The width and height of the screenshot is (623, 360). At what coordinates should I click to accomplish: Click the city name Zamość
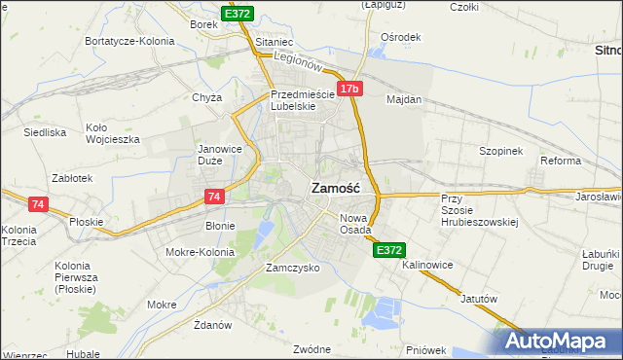[336, 190]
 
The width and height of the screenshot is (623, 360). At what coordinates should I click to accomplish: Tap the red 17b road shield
[350, 90]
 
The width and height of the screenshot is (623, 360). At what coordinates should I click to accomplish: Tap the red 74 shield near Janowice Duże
[216, 197]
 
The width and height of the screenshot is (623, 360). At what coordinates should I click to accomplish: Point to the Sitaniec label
[274, 43]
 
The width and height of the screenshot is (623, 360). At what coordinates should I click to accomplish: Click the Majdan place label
[404, 99]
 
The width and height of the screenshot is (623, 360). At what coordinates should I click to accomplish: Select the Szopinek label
[501, 151]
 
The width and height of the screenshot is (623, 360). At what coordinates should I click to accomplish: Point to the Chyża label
[207, 97]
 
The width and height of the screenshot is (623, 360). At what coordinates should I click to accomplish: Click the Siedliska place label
[45, 131]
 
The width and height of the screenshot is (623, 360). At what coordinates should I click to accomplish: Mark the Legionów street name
[298, 60]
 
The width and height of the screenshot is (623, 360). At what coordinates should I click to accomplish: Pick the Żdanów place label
[212, 324]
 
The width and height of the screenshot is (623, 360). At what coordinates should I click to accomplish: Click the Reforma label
[561, 161]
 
